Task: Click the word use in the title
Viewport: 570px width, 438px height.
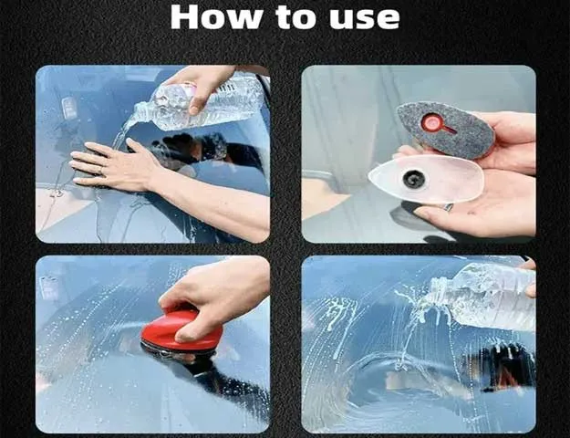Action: pos(365,19)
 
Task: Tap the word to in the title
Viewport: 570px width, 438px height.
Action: pos(296,18)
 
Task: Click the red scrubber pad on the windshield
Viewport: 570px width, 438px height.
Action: pos(181,331)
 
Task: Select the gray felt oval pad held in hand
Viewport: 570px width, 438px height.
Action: pos(445,130)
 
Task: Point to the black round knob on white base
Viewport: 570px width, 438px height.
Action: pos(414,179)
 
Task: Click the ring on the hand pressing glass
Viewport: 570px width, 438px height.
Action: pos(103,171)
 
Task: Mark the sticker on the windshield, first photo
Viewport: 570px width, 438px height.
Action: pos(69,107)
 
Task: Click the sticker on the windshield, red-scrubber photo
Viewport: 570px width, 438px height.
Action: pos(50,287)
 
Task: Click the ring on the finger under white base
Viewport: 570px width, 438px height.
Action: pos(449,208)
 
